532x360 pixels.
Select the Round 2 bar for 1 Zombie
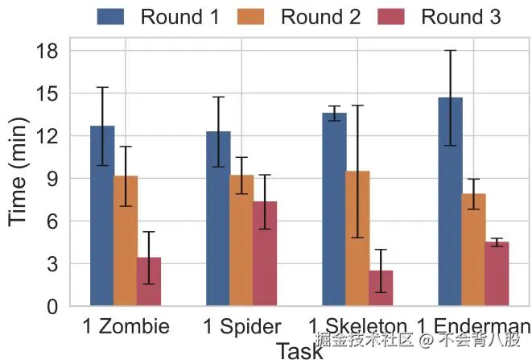126,241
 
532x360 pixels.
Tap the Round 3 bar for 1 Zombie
149,281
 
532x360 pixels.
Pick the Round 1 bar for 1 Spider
218,218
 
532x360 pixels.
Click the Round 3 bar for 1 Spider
265,254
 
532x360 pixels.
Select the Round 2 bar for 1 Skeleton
357,238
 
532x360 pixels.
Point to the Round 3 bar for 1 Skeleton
381,288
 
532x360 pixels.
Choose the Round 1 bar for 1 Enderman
451,201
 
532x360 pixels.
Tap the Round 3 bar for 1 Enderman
497,274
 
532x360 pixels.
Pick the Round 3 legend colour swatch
391,16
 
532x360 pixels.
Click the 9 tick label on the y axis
52,179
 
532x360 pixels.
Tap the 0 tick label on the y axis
52,307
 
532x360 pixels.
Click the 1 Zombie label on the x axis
126,326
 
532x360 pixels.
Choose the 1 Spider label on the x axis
241,326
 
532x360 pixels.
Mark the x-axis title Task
299,350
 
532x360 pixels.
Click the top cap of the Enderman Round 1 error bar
451,51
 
